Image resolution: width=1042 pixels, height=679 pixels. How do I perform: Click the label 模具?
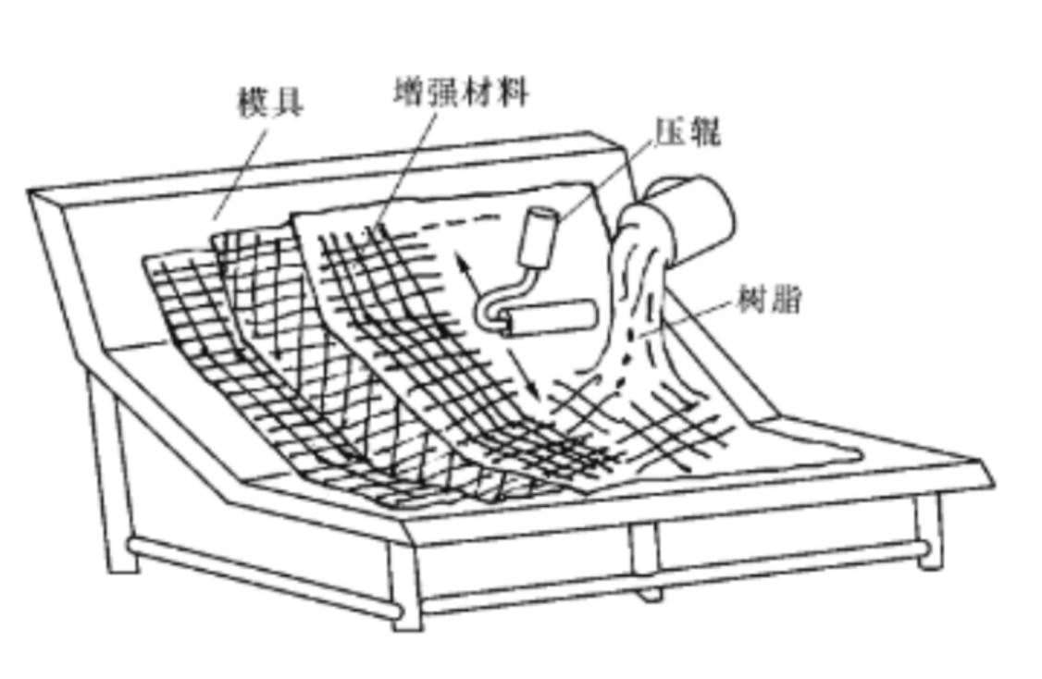(x=271, y=103)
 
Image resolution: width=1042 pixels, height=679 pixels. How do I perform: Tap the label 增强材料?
(x=460, y=93)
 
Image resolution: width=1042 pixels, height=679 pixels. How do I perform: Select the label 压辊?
(x=686, y=132)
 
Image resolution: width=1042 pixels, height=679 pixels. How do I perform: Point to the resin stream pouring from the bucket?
(x=639, y=296)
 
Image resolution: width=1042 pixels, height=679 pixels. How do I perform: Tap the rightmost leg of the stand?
(x=928, y=533)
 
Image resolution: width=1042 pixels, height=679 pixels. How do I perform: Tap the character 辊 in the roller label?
(x=702, y=132)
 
